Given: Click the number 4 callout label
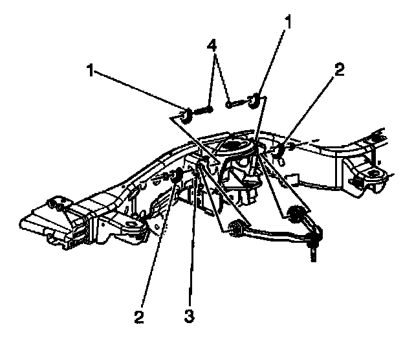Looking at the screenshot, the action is [x=211, y=46].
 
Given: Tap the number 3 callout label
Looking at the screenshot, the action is [x=189, y=317].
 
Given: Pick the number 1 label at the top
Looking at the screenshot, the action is [x=288, y=23].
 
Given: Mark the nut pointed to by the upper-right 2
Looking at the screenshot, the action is [x=278, y=152].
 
